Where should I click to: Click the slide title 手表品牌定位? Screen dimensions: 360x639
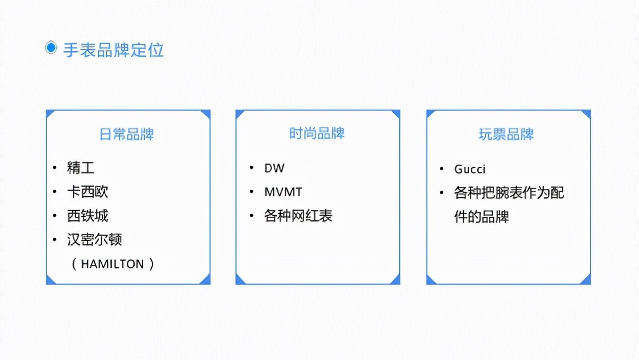click(x=113, y=50)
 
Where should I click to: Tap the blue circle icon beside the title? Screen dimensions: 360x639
click(x=51, y=48)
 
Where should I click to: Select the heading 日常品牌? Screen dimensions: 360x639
click(x=127, y=134)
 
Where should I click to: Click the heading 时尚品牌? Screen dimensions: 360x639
click(x=317, y=133)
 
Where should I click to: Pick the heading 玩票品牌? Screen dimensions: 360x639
click(x=506, y=134)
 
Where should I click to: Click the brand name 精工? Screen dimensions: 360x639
click(x=81, y=168)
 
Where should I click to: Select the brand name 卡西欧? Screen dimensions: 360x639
click(x=88, y=192)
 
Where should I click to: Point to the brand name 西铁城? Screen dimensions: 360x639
click(x=88, y=216)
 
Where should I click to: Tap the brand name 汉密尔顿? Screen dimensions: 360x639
click(x=95, y=240)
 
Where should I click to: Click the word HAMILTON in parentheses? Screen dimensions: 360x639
click(x=112, y=264)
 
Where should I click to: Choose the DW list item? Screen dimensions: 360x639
click(x=274, y=168)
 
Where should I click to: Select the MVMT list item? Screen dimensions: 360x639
click(x=283, y=192)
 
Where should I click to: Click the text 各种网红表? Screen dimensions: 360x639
click(x=298, y=216)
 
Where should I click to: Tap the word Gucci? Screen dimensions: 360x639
click(x=470, y=169)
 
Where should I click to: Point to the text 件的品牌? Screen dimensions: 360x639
click(x=481, y=217)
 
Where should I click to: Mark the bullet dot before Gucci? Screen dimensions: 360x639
click(x=441, y=169)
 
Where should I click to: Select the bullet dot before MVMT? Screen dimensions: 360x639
click(x=251, y=192)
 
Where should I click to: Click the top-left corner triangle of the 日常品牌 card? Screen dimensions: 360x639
click(x=50, y=113)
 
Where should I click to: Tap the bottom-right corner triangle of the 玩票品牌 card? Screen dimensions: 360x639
click(x=587, y=280)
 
